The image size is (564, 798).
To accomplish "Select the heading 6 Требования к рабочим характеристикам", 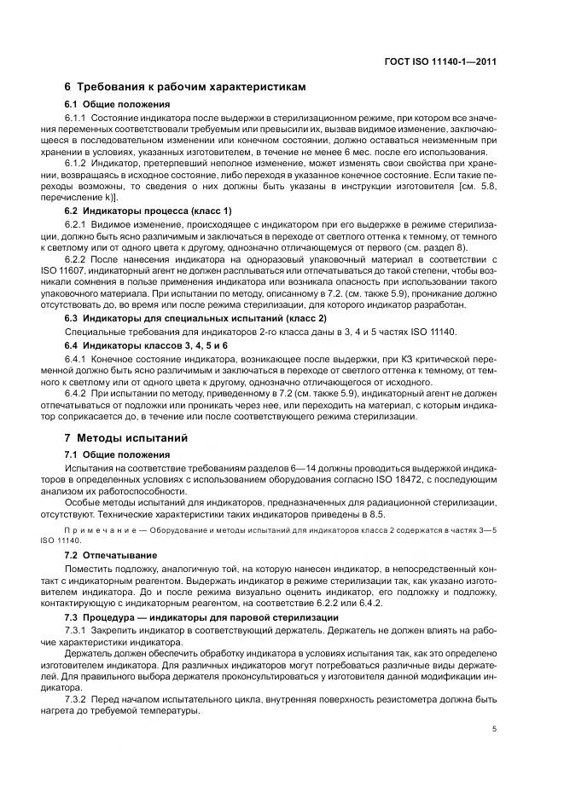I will (x=185, y=88).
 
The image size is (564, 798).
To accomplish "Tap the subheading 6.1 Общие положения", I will (x=109, y=104).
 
